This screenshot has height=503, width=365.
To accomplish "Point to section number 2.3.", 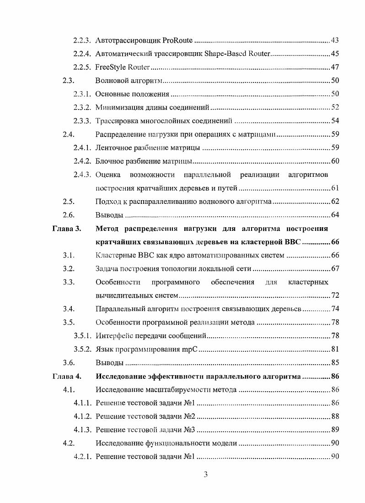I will click(69, 81).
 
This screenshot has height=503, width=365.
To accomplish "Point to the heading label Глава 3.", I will click(67, 229).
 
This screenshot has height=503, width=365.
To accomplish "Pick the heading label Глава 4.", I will click(67, 377).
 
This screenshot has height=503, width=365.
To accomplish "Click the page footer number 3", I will click(205, 474).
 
